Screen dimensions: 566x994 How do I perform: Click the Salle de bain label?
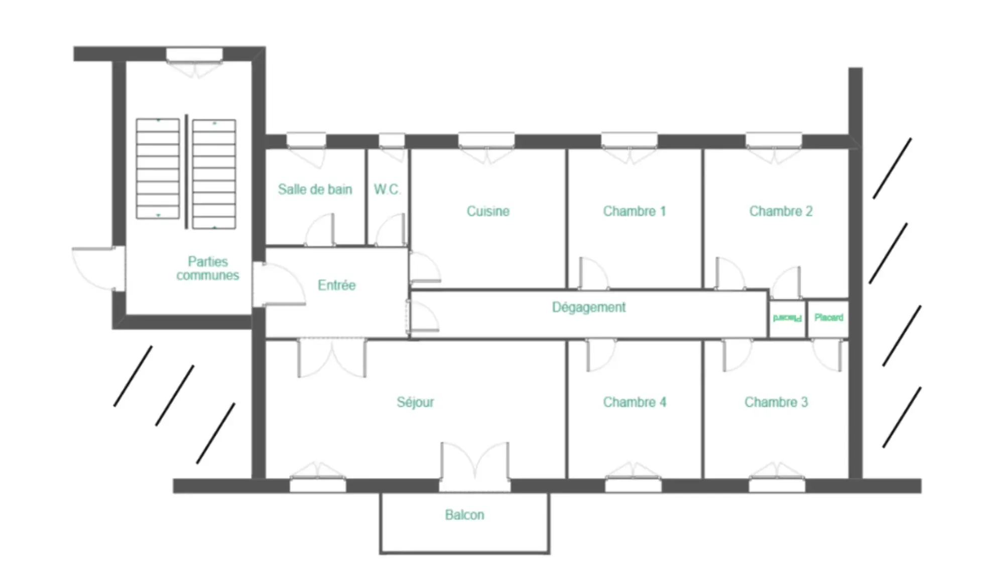[x=315, y=189]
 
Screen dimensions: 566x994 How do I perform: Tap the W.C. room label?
[x=387, y=189]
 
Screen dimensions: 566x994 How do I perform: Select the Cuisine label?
[x=488, y=211]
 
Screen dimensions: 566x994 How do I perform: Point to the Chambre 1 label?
[x=634, y=211]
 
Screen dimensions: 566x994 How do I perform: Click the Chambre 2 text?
[x=781, y=211]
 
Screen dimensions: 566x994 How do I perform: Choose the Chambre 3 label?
[x=776, y=402]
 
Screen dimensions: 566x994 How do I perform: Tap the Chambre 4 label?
[x=635, y=402]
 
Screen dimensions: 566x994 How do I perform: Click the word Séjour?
[x=415, y=402]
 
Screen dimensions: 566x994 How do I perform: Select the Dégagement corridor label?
[x=588, y=307]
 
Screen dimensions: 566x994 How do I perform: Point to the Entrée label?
[x=336, y=285]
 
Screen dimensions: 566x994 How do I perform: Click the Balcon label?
[x=464, y=515]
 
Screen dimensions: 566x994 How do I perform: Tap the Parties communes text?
[x=207, y=268]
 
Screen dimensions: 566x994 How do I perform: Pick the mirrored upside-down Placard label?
[x=787, y=318]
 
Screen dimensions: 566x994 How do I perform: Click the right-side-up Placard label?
[x=829, y=318]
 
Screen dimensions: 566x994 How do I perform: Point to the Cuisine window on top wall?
[x=486, y=140]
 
